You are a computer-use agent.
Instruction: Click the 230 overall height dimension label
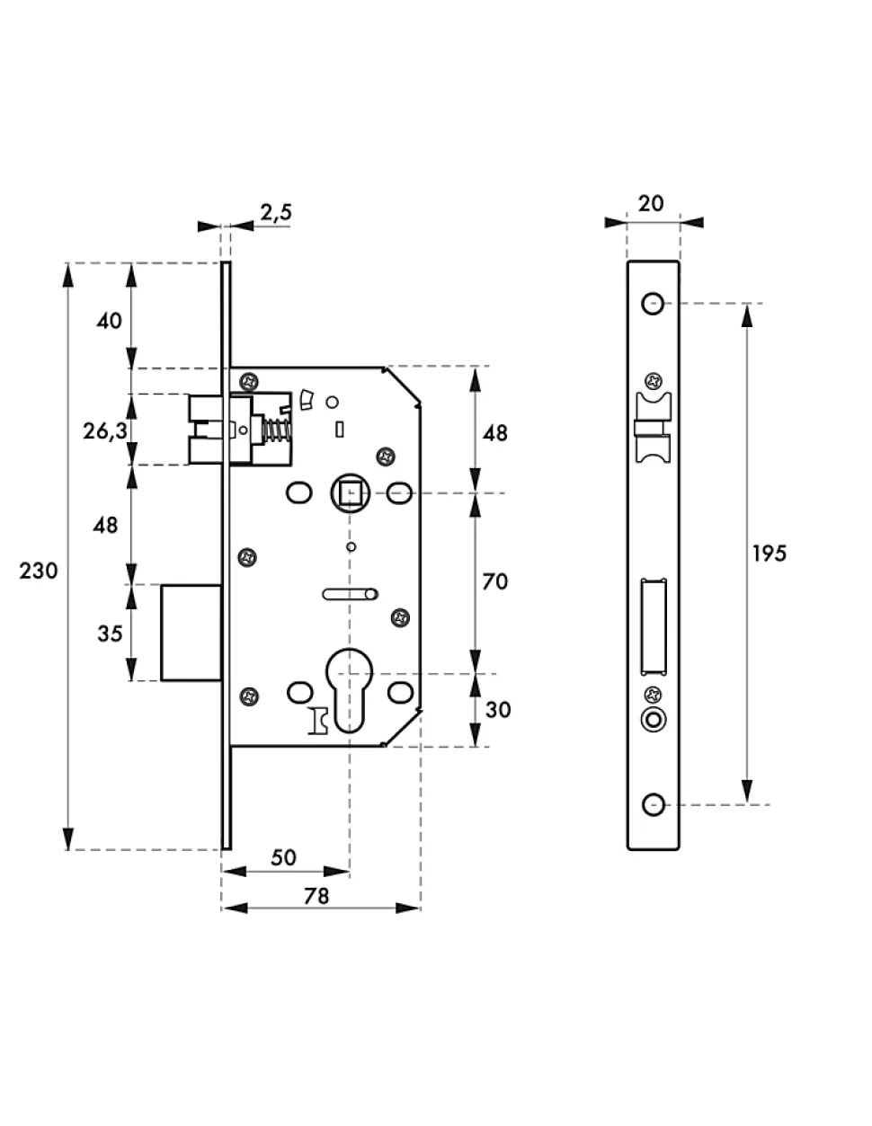(39, 571)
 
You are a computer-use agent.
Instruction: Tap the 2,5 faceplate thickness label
(276, 212)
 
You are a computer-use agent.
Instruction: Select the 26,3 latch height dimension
(105, 431)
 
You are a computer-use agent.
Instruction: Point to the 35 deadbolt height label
(110, 634)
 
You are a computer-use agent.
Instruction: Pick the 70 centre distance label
(494, 582)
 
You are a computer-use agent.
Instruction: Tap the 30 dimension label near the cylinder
(498, 709)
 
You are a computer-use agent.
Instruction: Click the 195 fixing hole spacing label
(770, 554)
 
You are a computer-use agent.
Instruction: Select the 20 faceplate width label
(651, 204)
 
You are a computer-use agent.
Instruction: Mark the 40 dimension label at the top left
(110, 322)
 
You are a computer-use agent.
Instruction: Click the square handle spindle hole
(351, 492)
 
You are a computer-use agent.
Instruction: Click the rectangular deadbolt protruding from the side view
(191, 633)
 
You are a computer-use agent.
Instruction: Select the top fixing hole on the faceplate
(653, 304)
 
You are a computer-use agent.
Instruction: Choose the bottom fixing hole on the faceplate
(653, 804)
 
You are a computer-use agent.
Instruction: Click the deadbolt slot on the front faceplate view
(654, 627)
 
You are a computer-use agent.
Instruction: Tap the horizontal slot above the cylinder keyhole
(351, 594)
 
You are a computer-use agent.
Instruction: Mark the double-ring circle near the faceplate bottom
(654, 720)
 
